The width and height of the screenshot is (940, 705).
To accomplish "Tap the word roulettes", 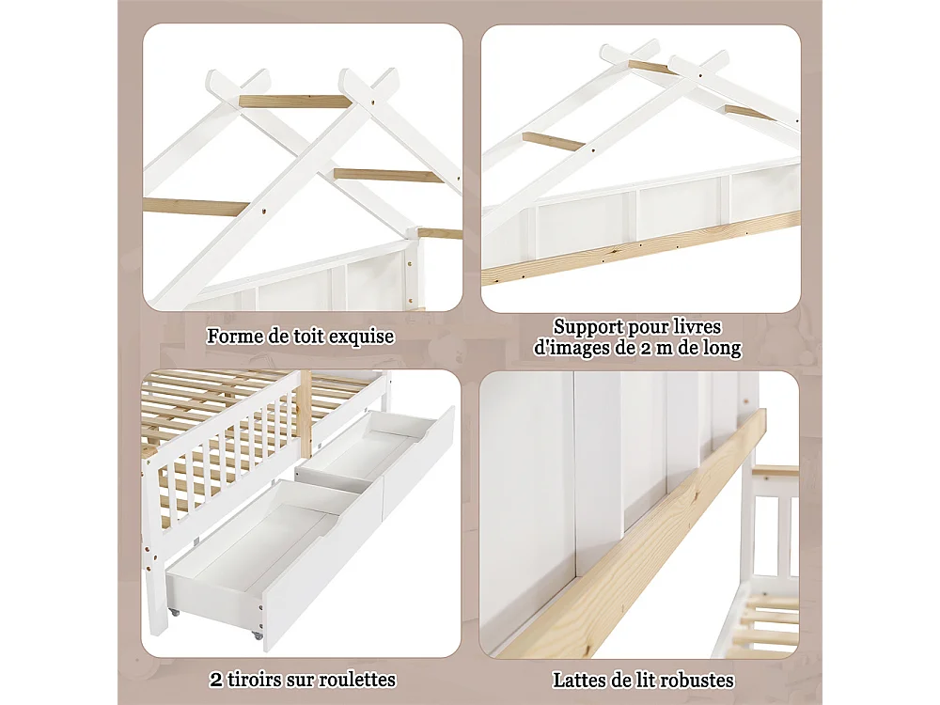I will [353, 680].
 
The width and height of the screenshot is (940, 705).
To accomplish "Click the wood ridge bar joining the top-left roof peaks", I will [294, 101].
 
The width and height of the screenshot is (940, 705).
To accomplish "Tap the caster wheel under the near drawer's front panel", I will [258, 635].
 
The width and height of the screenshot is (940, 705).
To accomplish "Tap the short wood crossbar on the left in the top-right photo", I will [553, 141].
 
